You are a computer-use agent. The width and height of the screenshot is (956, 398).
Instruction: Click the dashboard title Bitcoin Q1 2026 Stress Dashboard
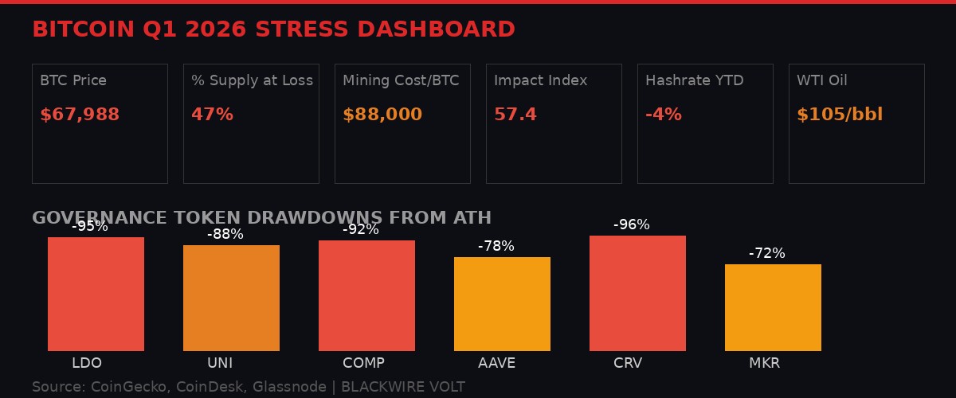[273, 29]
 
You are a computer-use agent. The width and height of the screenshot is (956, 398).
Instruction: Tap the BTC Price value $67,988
[80, 115]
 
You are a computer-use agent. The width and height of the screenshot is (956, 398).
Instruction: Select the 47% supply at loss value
[212, 115]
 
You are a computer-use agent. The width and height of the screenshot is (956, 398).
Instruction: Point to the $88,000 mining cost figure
[382, 115]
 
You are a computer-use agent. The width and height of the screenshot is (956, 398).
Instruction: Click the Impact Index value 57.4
[515, 115]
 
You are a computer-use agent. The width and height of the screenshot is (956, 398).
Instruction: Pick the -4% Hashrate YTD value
[664, 115]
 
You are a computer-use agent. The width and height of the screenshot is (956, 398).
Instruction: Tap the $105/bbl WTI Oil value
[840, 115]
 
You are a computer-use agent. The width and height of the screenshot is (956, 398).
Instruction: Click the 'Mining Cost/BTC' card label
[401, 80]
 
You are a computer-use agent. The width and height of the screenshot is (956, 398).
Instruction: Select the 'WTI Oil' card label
[822, 80]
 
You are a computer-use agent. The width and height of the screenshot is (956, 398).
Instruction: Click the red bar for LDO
[96, 294]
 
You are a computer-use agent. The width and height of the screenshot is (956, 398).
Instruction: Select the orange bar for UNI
[231, 298]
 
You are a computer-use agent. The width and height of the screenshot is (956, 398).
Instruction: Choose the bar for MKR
[773, 307]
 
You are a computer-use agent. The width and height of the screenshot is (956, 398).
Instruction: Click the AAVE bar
[502, 303]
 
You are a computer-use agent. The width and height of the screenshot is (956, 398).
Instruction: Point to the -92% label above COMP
[361, 230]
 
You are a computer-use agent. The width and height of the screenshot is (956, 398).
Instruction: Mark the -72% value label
[766, 254]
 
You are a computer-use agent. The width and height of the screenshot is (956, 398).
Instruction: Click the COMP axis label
[363, 363]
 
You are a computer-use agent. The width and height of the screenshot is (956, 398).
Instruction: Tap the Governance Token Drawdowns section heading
[261, 218]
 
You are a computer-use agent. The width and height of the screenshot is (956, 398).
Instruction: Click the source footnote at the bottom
[248, 387]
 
